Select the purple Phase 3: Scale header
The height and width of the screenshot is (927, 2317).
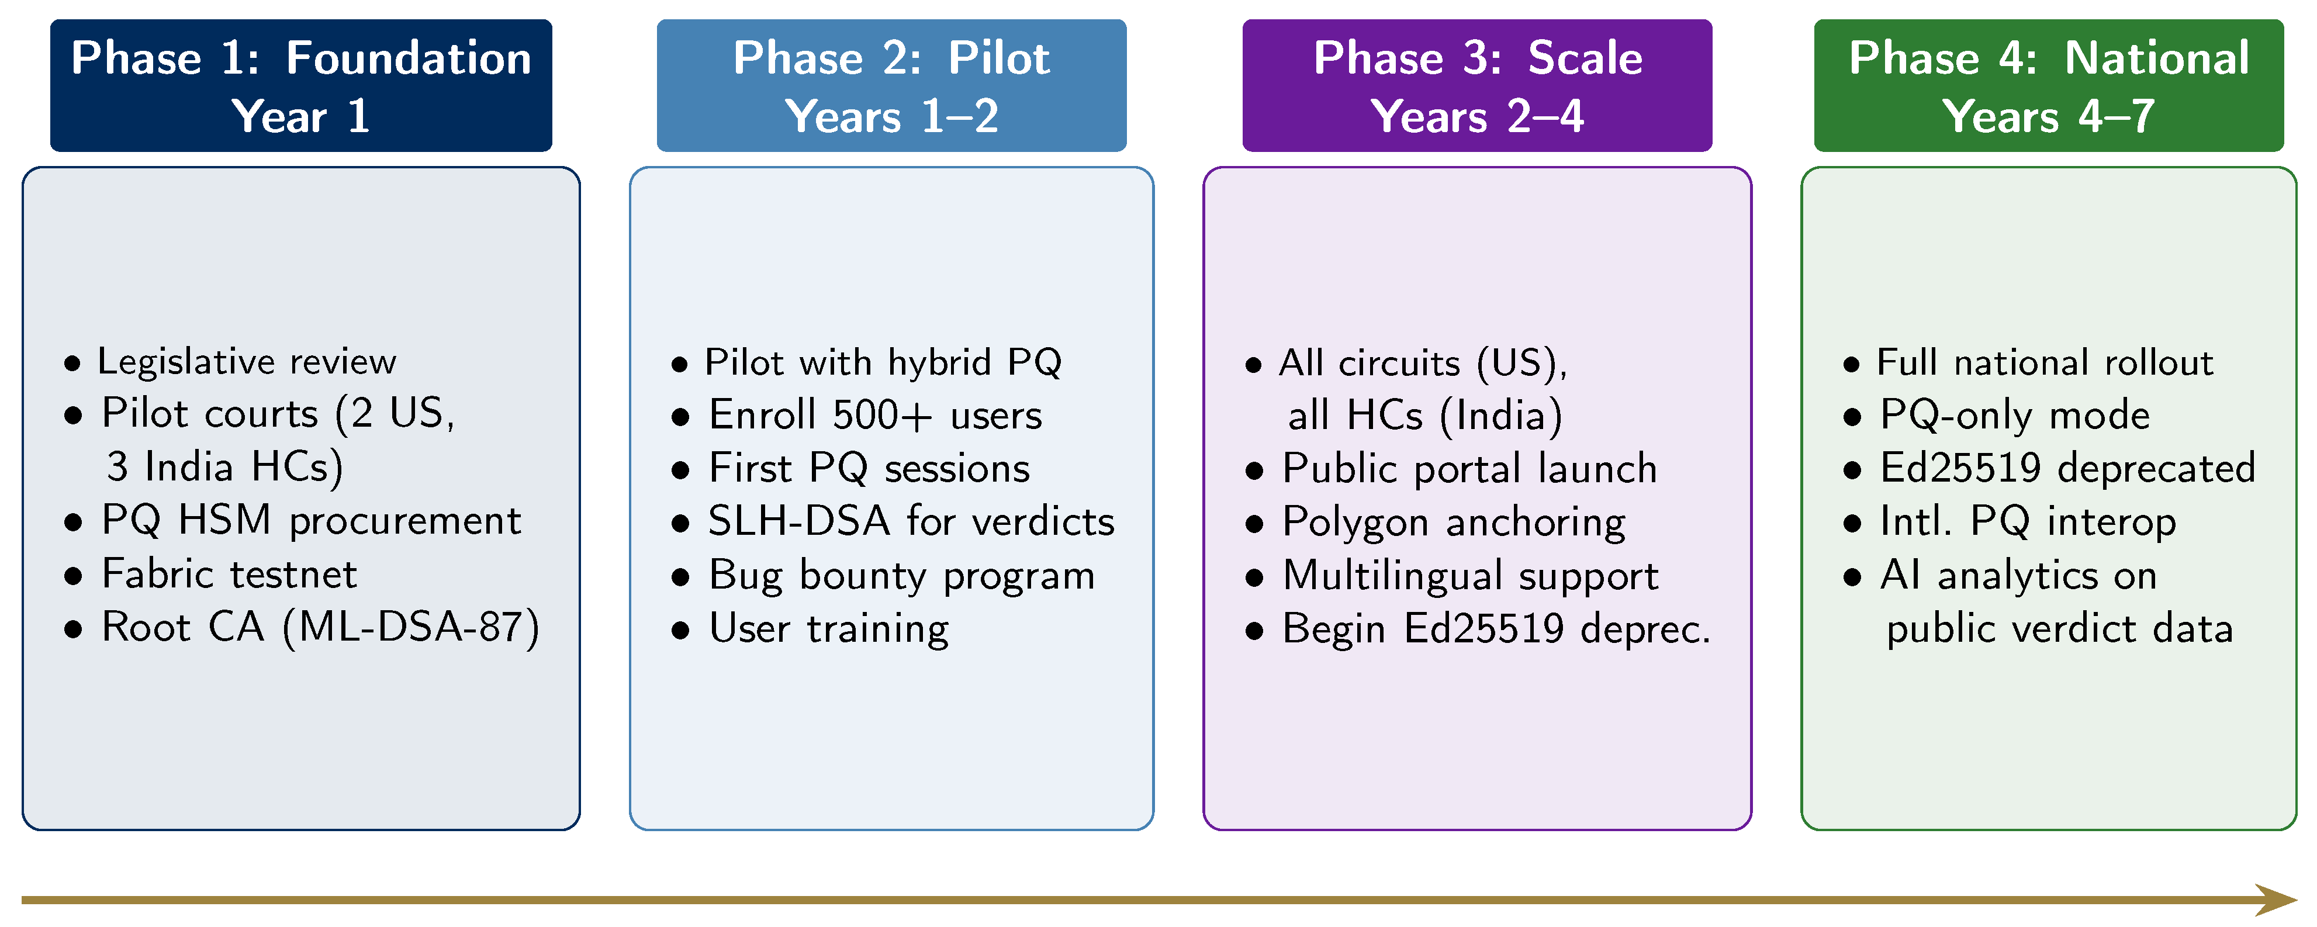[1477, 85]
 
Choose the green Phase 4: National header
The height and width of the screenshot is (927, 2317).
[2048, 85]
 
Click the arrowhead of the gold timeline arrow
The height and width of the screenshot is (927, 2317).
[2275, 899]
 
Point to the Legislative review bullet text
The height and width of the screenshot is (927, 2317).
[247, 361]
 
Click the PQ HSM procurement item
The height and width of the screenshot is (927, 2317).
[310, 521]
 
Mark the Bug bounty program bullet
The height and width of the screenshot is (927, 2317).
[901, 576]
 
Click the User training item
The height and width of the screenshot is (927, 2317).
[828, 628]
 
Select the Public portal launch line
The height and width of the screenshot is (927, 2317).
[1469, 468]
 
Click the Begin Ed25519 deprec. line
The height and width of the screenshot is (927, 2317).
[1495, 628]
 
